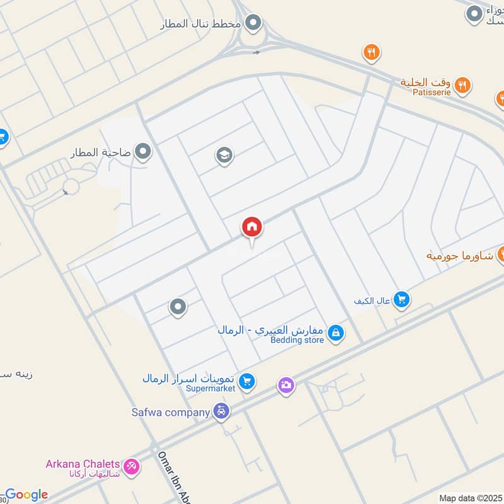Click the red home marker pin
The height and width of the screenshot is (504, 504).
[252, 227]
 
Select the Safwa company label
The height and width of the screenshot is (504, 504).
[170, 413]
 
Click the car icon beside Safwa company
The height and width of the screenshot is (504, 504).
[221, 412]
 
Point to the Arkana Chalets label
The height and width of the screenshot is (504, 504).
[84, 464]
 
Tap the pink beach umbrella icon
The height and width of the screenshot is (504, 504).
[132, 467]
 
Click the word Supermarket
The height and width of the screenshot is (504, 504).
[210, 389]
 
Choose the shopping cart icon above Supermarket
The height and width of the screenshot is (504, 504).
[247, 381]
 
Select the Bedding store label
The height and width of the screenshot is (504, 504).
[297, 340]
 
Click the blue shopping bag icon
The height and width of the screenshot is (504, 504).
[336, 333]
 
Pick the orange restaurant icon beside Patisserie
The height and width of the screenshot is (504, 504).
[463, 84]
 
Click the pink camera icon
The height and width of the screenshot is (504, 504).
[286, 385]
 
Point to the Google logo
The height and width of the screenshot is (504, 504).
[26, 495]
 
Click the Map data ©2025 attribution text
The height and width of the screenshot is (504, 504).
[471, 498]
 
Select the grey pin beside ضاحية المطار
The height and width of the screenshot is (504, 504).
[144, 152]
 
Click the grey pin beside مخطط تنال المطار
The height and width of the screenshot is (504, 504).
[253, 24]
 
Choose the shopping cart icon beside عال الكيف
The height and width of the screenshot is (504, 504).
[402, 300]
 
